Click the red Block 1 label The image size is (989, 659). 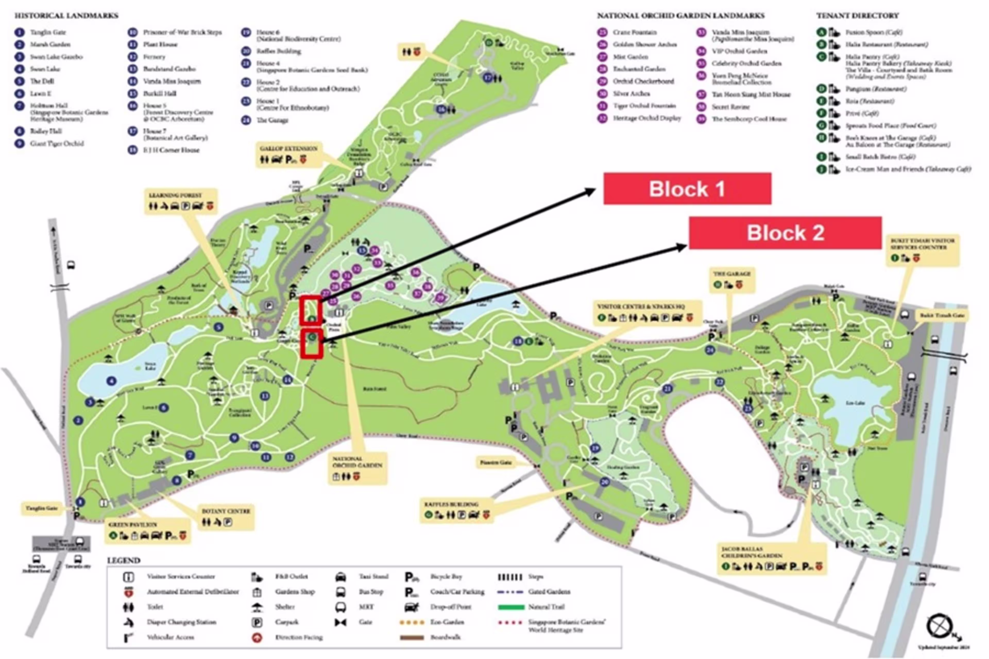point(687,189)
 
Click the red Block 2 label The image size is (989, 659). point(785,233)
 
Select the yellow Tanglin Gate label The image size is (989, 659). point(42,508)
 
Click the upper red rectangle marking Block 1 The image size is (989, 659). point(311,310)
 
